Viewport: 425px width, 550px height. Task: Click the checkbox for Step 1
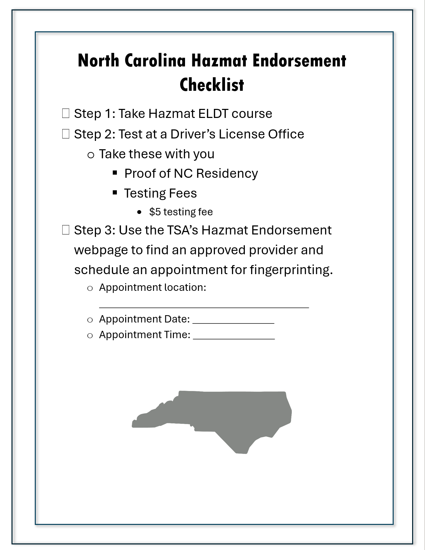[66, 113]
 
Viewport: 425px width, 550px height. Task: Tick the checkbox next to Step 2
[66, 134]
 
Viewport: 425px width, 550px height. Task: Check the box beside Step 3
[66, 230]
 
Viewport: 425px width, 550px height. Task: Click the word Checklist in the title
[212, 85]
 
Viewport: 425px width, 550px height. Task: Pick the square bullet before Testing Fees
[115, 192]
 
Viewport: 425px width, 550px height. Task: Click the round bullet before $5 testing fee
[139, 212]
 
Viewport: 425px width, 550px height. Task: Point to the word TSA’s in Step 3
[182, 230]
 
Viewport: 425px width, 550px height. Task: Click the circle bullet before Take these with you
[91, 155]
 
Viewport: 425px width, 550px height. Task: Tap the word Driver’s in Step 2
[193, 134]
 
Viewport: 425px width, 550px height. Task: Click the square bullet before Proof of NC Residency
[115, 173]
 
